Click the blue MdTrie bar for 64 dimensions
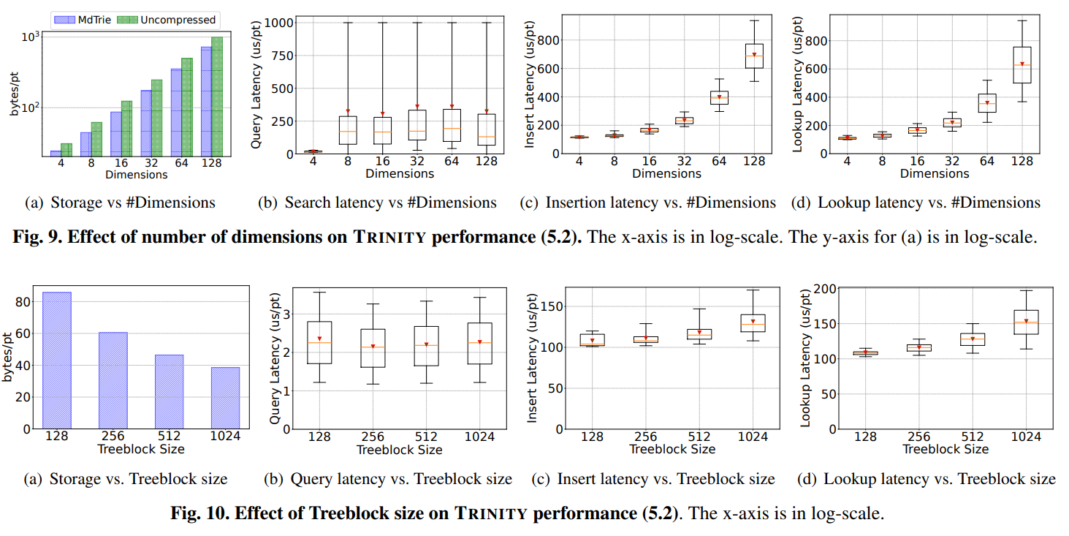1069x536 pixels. click(176, 111)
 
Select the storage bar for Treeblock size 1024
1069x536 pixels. click(225, 398)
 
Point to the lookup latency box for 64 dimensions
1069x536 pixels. click(987, 102)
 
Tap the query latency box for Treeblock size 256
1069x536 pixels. click(373, 347)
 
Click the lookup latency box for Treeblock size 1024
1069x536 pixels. click(1026, 322)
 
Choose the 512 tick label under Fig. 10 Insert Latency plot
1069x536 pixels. click(699, 437)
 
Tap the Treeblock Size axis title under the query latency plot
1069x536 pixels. click(399, 450)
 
